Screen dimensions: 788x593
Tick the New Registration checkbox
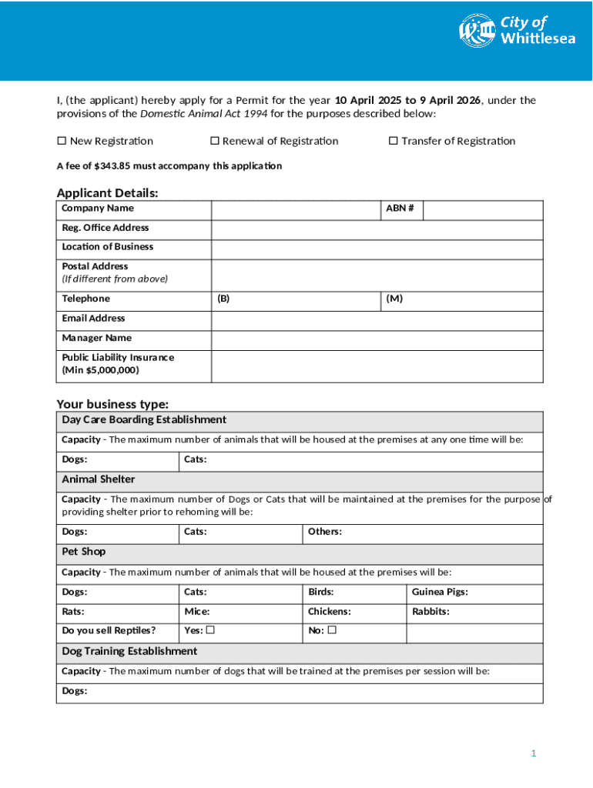click(62, 141)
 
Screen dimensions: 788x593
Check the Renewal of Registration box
click(216, 141)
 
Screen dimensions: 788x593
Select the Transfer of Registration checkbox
click(393, 141)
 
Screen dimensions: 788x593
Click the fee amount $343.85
click(114, 166)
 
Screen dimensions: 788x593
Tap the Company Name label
click(98, 209)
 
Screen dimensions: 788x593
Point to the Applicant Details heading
click(108, 192)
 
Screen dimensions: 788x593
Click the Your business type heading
click(112, 404)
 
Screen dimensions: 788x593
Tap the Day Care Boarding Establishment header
click(144, 420)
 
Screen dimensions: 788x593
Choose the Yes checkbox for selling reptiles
click(210, 631)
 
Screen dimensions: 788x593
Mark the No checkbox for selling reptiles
click(332, 631)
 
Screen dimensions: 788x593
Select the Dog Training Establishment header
click(129, 652)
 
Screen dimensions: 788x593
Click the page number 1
click(533, 753)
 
